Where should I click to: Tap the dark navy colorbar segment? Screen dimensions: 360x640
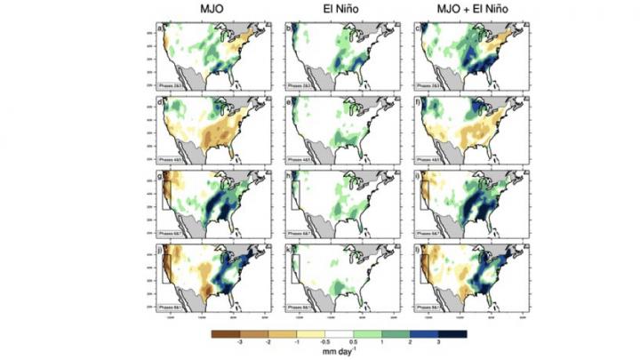point(452,334)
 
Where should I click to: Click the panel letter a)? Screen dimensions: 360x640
point(160,26)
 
